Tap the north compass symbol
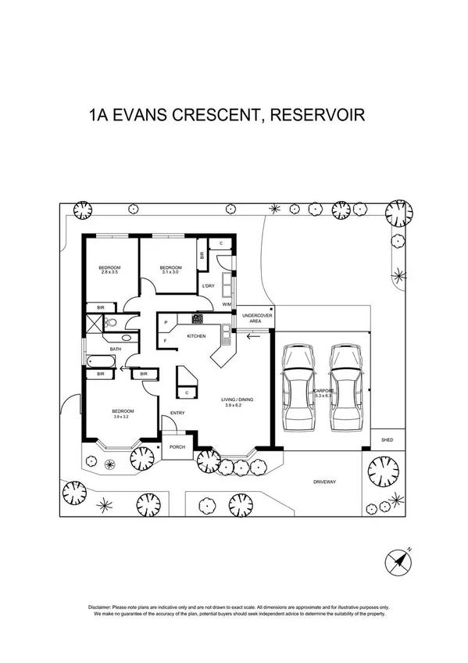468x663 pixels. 401,561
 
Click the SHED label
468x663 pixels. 387,440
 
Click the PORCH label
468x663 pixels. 177,447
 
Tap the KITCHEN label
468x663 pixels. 196,336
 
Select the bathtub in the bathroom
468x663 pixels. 99,361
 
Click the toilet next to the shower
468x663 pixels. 112,321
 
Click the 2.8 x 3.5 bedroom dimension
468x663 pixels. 109,271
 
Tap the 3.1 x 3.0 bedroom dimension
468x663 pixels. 170,271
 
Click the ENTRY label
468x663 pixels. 177,414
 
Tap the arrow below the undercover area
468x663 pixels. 252,336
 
